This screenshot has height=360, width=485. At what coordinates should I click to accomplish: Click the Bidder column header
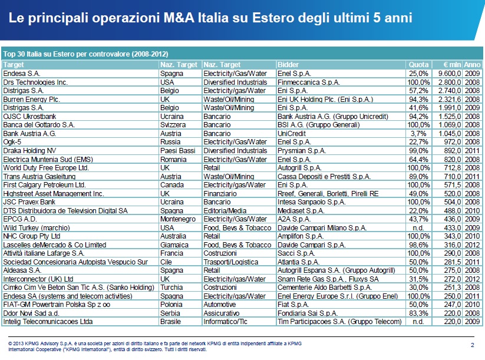(288, 64)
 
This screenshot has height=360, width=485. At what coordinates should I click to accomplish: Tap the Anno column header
(472, 64)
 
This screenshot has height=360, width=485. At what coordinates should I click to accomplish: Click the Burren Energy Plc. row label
(31, 100)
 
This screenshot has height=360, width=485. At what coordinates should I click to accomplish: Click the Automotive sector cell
(220, 305)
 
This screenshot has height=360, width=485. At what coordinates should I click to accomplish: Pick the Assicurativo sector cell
(222, 313)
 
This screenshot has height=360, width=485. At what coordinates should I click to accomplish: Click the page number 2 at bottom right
(473, 344)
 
